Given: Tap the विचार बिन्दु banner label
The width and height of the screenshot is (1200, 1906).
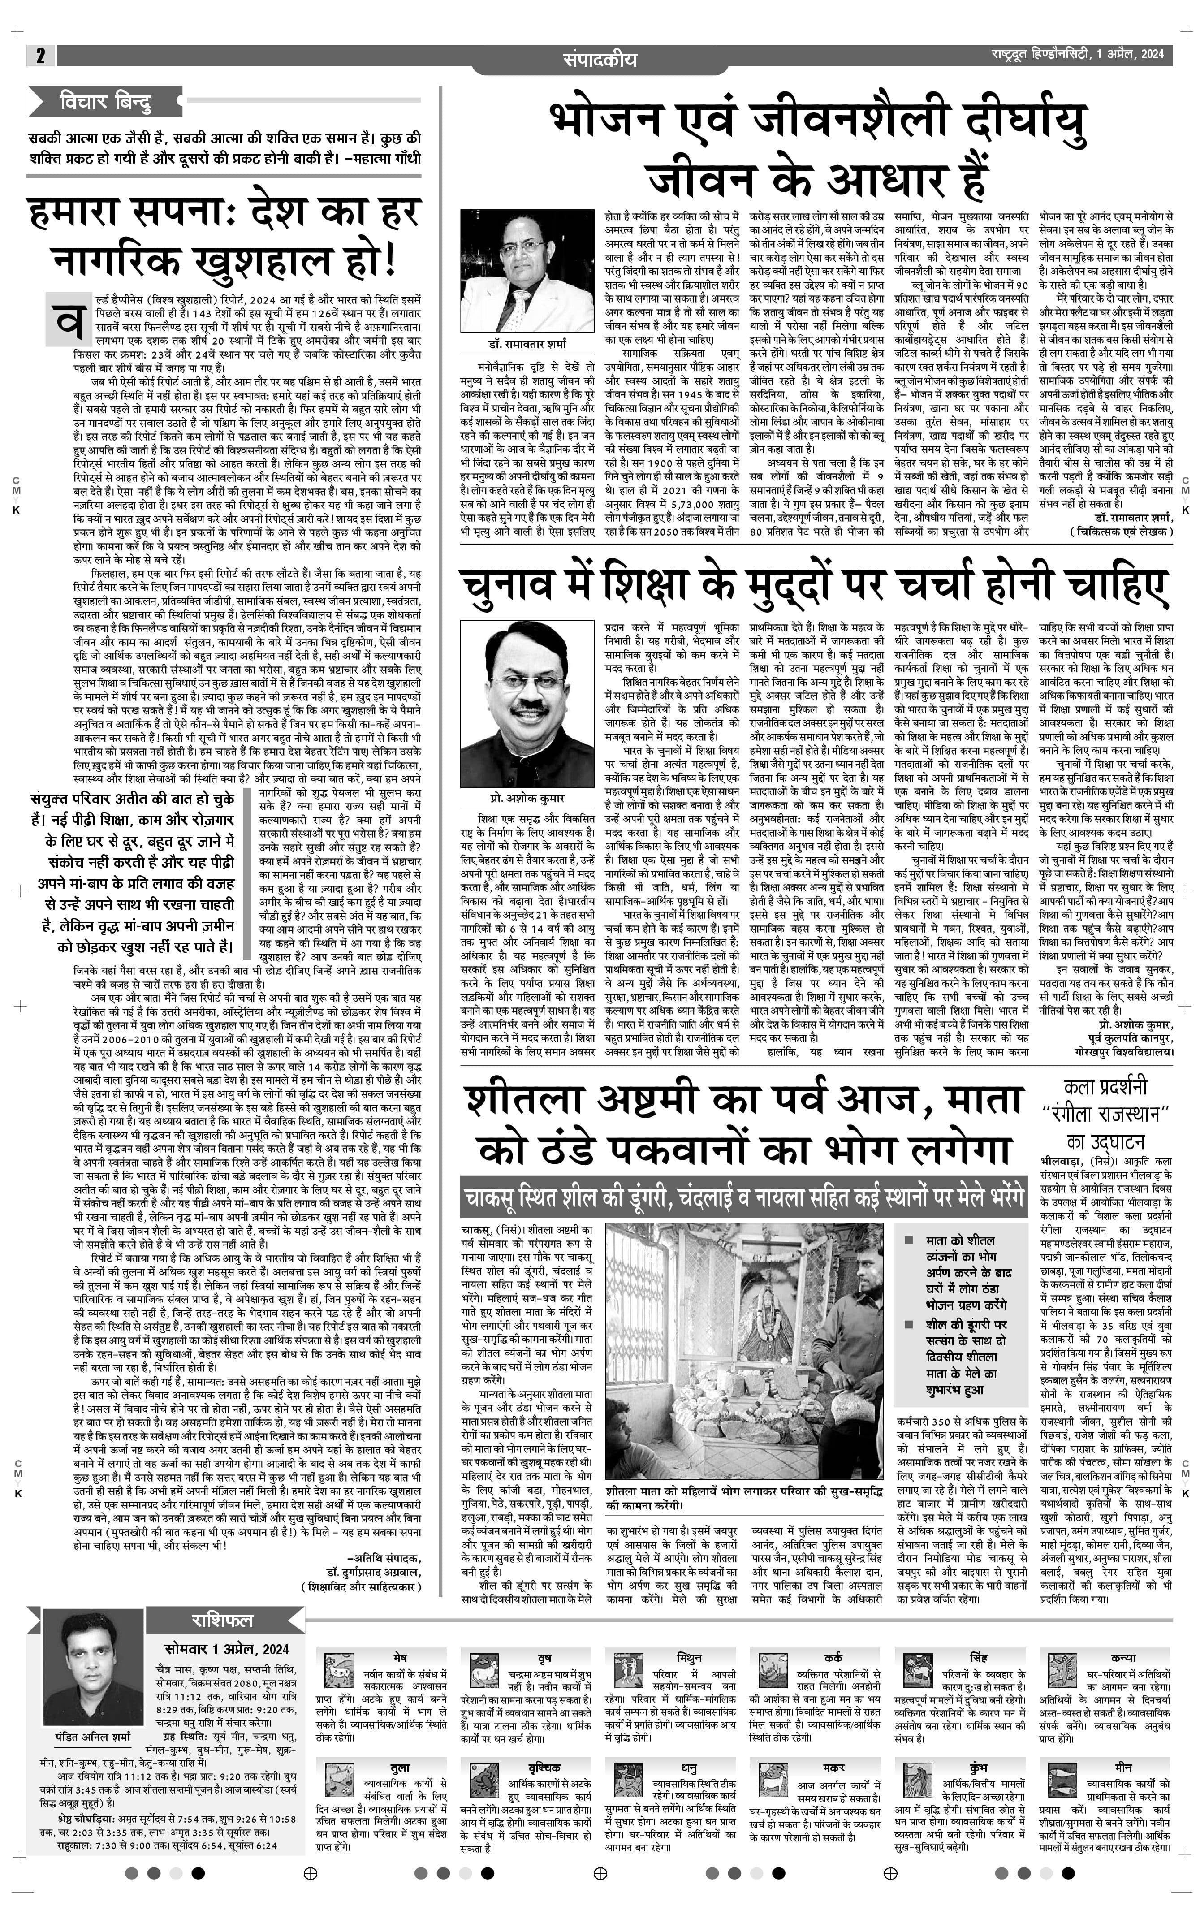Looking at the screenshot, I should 105,102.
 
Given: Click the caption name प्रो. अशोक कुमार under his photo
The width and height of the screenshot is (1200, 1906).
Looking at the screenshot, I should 527,799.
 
